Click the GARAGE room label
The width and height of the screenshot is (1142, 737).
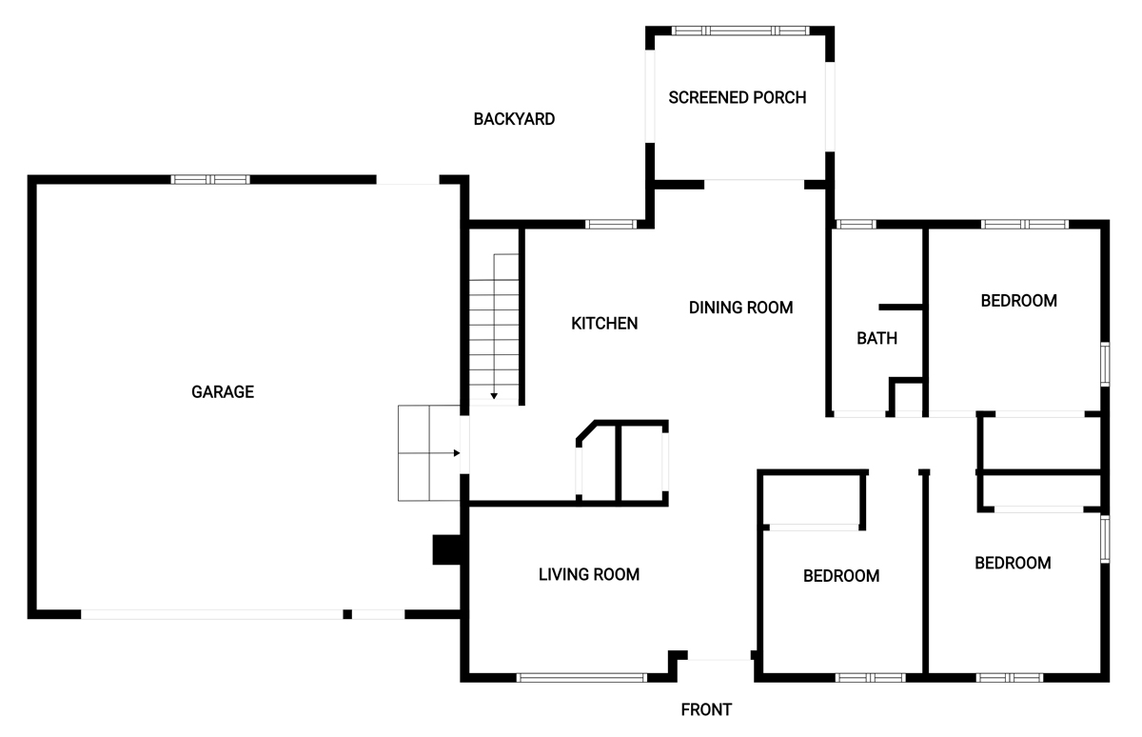pos(223,391)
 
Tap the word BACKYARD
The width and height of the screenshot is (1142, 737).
pos(514,119)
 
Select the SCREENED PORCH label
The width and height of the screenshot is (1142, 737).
pos(738,97)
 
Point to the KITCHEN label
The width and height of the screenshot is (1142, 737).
pos(604,324)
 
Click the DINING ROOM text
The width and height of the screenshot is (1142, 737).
pos(740,308)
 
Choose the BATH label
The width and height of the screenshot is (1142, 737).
pos(876,338)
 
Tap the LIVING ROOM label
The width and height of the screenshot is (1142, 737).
pos(589,574)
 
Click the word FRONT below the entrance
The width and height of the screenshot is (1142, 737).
pos(706,709)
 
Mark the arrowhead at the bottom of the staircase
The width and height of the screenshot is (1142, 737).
pos(494,396)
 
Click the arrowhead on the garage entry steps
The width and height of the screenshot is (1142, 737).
pos(457,453)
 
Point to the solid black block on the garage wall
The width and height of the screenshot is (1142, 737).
pos(446,549)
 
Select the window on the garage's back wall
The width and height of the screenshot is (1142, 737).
pos(210,180)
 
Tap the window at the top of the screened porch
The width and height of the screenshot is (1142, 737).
pos(739,30)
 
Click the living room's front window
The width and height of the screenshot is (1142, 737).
pos(581,678)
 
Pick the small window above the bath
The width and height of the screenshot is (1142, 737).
pos(856,225)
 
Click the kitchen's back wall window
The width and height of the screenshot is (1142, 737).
pos(611,225)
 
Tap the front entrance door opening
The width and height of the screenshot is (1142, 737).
pos(719,660)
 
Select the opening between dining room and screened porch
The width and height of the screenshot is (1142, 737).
pos(754,180)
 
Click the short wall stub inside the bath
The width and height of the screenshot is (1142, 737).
pos(901,307)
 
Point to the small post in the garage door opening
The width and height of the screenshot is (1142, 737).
pos(347,614)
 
